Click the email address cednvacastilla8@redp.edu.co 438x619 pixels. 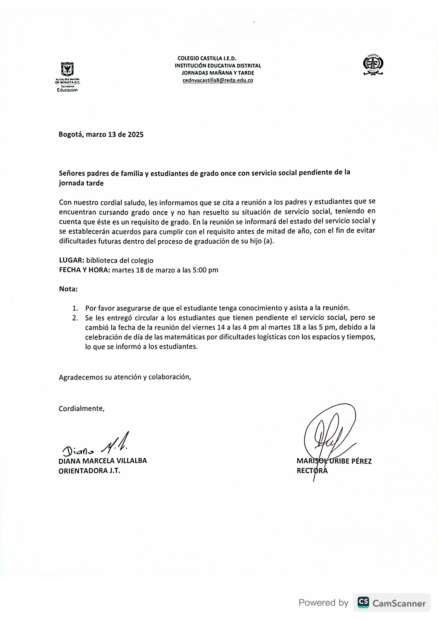[x=218, y=80]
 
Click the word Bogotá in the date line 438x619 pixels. [x=71, y=135]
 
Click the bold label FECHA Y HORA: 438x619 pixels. [x=84, y=270]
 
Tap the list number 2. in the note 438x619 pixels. [x=75, y=318]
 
